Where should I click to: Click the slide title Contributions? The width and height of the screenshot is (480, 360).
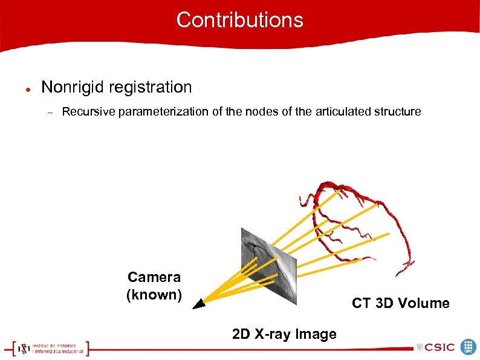point(239,20)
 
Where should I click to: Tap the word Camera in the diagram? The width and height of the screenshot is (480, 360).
point(154,277)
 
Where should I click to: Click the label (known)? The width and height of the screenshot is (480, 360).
point(154,295)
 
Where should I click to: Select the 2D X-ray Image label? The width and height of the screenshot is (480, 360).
point(284,334)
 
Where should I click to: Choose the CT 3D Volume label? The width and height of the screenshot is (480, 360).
point(400,303)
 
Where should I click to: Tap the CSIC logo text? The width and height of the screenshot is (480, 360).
point(439,347)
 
